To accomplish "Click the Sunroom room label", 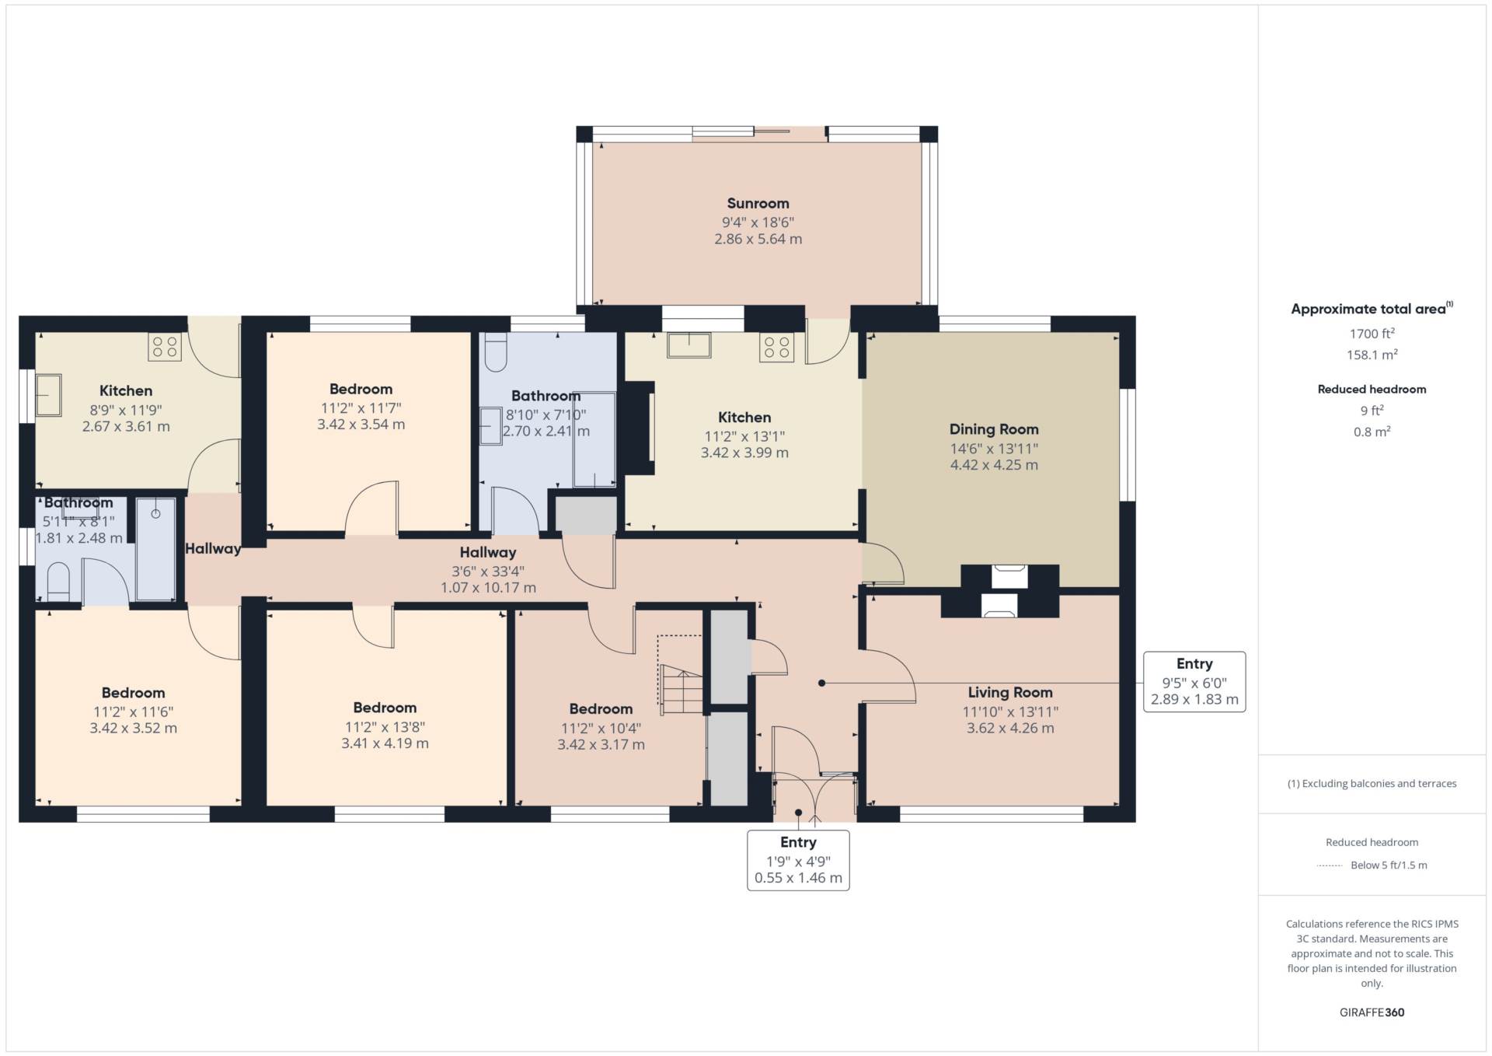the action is point(758,204).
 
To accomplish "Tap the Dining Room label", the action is point(994,429).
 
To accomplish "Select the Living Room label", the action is point(1010,692).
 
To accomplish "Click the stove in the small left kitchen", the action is point(165,347).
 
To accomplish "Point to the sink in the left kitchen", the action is point(48,395).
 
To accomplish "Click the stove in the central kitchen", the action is point(776,347).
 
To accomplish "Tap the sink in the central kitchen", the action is point(688,345).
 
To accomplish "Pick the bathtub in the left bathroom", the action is point(155,549).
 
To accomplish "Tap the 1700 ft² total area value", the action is point(1372,334).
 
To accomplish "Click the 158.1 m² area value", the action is point(1372,355).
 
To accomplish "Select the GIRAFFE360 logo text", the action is point(1372,1012).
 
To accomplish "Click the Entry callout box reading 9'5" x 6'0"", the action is point(1194,682).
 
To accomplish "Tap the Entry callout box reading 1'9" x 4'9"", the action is point(798,860).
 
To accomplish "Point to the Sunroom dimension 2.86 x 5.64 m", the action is point(758,240).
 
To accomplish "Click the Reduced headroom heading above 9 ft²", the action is point(1372,390).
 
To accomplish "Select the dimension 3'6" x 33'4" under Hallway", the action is point(488,572).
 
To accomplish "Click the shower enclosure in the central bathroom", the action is point(594,440).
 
